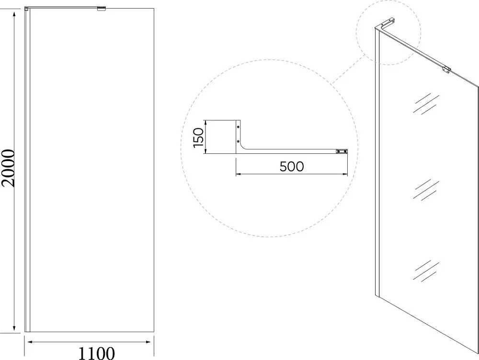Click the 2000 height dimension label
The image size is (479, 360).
[8, 168]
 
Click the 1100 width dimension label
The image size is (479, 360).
[97, 353]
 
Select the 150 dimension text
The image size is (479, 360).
[199, 138]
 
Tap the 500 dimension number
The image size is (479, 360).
[292, 166]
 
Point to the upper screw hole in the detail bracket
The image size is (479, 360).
[238, 126]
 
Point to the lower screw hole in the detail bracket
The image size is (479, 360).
[238, 141]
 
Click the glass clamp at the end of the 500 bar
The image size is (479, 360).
[342, 151]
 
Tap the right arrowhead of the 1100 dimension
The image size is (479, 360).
[148, 342]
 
